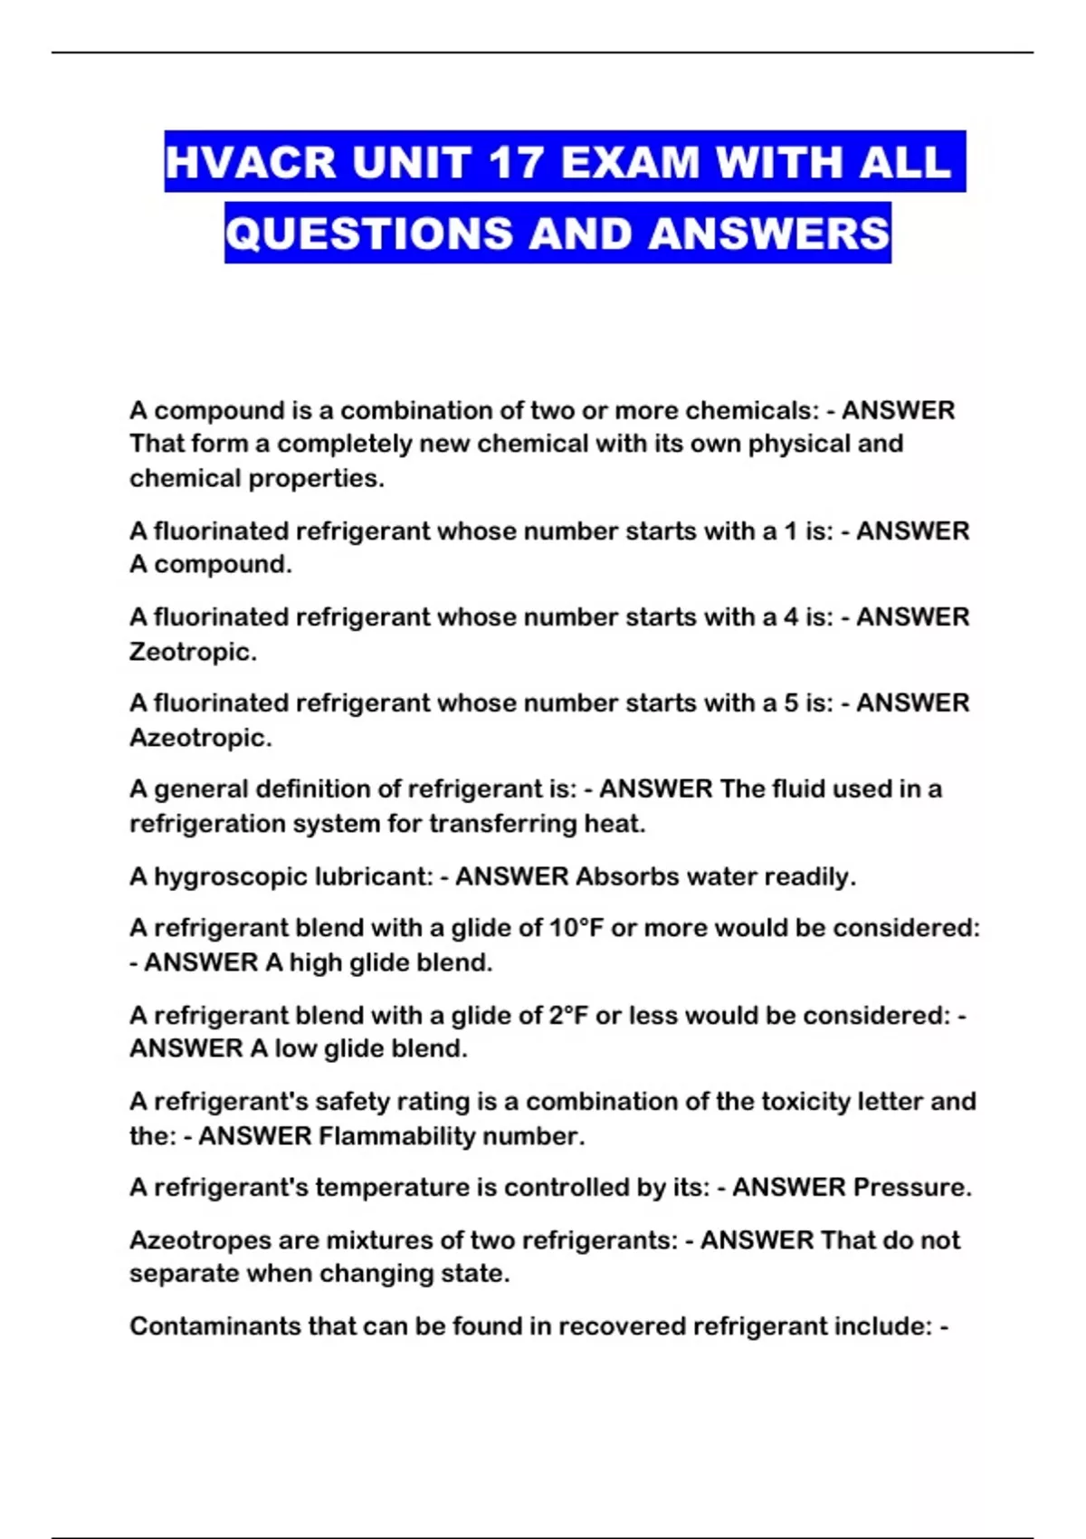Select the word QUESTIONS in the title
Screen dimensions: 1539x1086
coord(369,234)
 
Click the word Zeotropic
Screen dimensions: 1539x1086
coord(192,652)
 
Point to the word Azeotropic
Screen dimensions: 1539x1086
coord(200,738)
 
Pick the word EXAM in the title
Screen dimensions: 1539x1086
coord(630,163)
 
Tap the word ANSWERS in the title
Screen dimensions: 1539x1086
coord(769,234)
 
